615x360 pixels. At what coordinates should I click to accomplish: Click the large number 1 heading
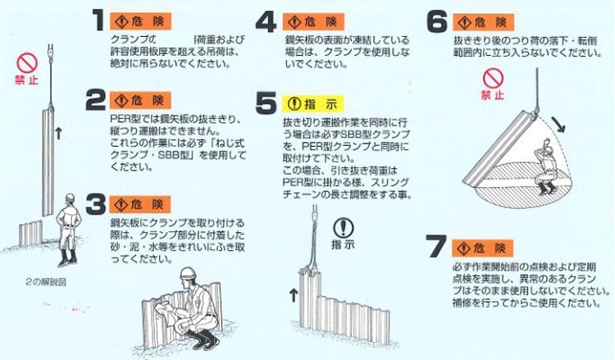tap(98, 19)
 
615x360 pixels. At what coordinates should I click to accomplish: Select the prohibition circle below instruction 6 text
tap(491, 78)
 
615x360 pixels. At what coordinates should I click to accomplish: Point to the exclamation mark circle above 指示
tap(344, 226)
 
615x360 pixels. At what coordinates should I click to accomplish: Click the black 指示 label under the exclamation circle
tap(344, 244)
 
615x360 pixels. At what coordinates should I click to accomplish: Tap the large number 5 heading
tap(264, 104)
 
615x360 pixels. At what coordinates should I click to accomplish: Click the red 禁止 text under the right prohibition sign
tap(491, 95)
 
